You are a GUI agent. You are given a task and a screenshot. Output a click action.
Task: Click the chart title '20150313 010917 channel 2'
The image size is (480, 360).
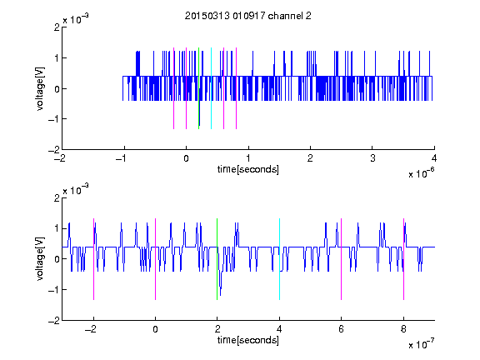coord(248,16)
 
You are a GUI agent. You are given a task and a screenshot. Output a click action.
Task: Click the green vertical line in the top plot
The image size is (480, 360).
coord(198,88)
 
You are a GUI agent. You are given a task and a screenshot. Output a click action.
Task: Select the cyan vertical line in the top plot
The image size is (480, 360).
coord(211,88)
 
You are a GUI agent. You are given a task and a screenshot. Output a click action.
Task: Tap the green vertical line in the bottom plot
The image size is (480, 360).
coord(217,259)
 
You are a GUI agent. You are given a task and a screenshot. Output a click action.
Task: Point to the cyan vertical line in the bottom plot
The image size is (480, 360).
coord(279,259)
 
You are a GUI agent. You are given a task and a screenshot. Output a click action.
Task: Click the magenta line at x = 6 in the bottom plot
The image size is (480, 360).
coord(342,259)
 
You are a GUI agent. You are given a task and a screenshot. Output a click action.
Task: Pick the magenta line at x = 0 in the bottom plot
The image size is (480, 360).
coord(156,259)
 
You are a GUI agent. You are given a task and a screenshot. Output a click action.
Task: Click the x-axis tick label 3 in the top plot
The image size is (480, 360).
coord(372,158)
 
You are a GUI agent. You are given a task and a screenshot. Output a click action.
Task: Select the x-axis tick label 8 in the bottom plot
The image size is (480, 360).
coord(403,329)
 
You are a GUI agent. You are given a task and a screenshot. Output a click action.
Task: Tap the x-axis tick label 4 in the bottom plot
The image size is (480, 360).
coord(279,329)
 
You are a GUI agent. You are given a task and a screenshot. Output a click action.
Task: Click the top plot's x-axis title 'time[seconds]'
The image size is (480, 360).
coord(248,169)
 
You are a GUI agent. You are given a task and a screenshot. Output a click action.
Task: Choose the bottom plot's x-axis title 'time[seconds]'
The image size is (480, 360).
coord(248,340)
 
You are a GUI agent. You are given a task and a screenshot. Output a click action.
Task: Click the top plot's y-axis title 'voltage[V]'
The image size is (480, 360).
coord(40,88)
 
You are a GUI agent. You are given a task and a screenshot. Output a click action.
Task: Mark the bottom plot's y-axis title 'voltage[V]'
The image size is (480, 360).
coord(40,258)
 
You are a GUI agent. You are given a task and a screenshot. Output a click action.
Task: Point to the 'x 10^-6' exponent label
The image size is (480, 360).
coord(422,173)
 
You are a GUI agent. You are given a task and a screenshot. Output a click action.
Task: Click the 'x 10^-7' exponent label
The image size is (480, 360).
coord(422,344)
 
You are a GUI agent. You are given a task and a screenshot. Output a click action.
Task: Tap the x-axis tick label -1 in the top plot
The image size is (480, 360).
coord(122,158)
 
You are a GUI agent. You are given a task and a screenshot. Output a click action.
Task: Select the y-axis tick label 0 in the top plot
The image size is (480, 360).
coord(57,89)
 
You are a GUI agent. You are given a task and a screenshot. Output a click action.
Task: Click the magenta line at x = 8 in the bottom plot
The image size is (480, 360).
coord(404,259)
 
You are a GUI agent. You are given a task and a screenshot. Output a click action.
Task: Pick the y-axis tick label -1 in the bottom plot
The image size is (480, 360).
coord(54,290)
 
